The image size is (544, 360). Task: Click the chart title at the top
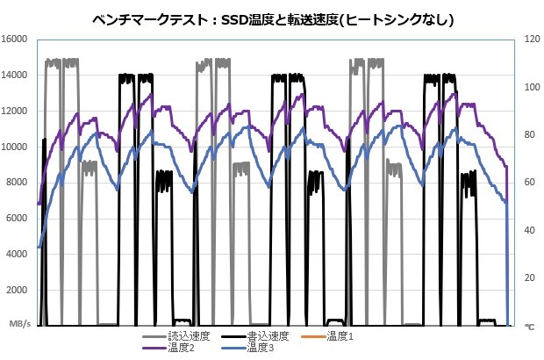(x=272, y=18)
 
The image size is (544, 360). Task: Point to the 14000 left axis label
(x=18, y=76)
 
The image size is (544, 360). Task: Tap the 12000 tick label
(x=18, y=111)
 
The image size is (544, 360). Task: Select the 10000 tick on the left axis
(x=18, y=147)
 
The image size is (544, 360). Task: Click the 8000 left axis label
(x=20, y=183)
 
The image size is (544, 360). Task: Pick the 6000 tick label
(x=20, y=219)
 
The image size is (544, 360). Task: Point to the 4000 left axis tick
(x=20, y=254)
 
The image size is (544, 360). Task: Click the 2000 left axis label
(x=20, y=290)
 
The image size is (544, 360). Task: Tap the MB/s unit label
(x=20, y=325)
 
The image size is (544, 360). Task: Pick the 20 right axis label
(x=529, y=277)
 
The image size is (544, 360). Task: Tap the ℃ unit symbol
(x=529, y=326)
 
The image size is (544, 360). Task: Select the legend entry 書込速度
(x=268, y=336)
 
